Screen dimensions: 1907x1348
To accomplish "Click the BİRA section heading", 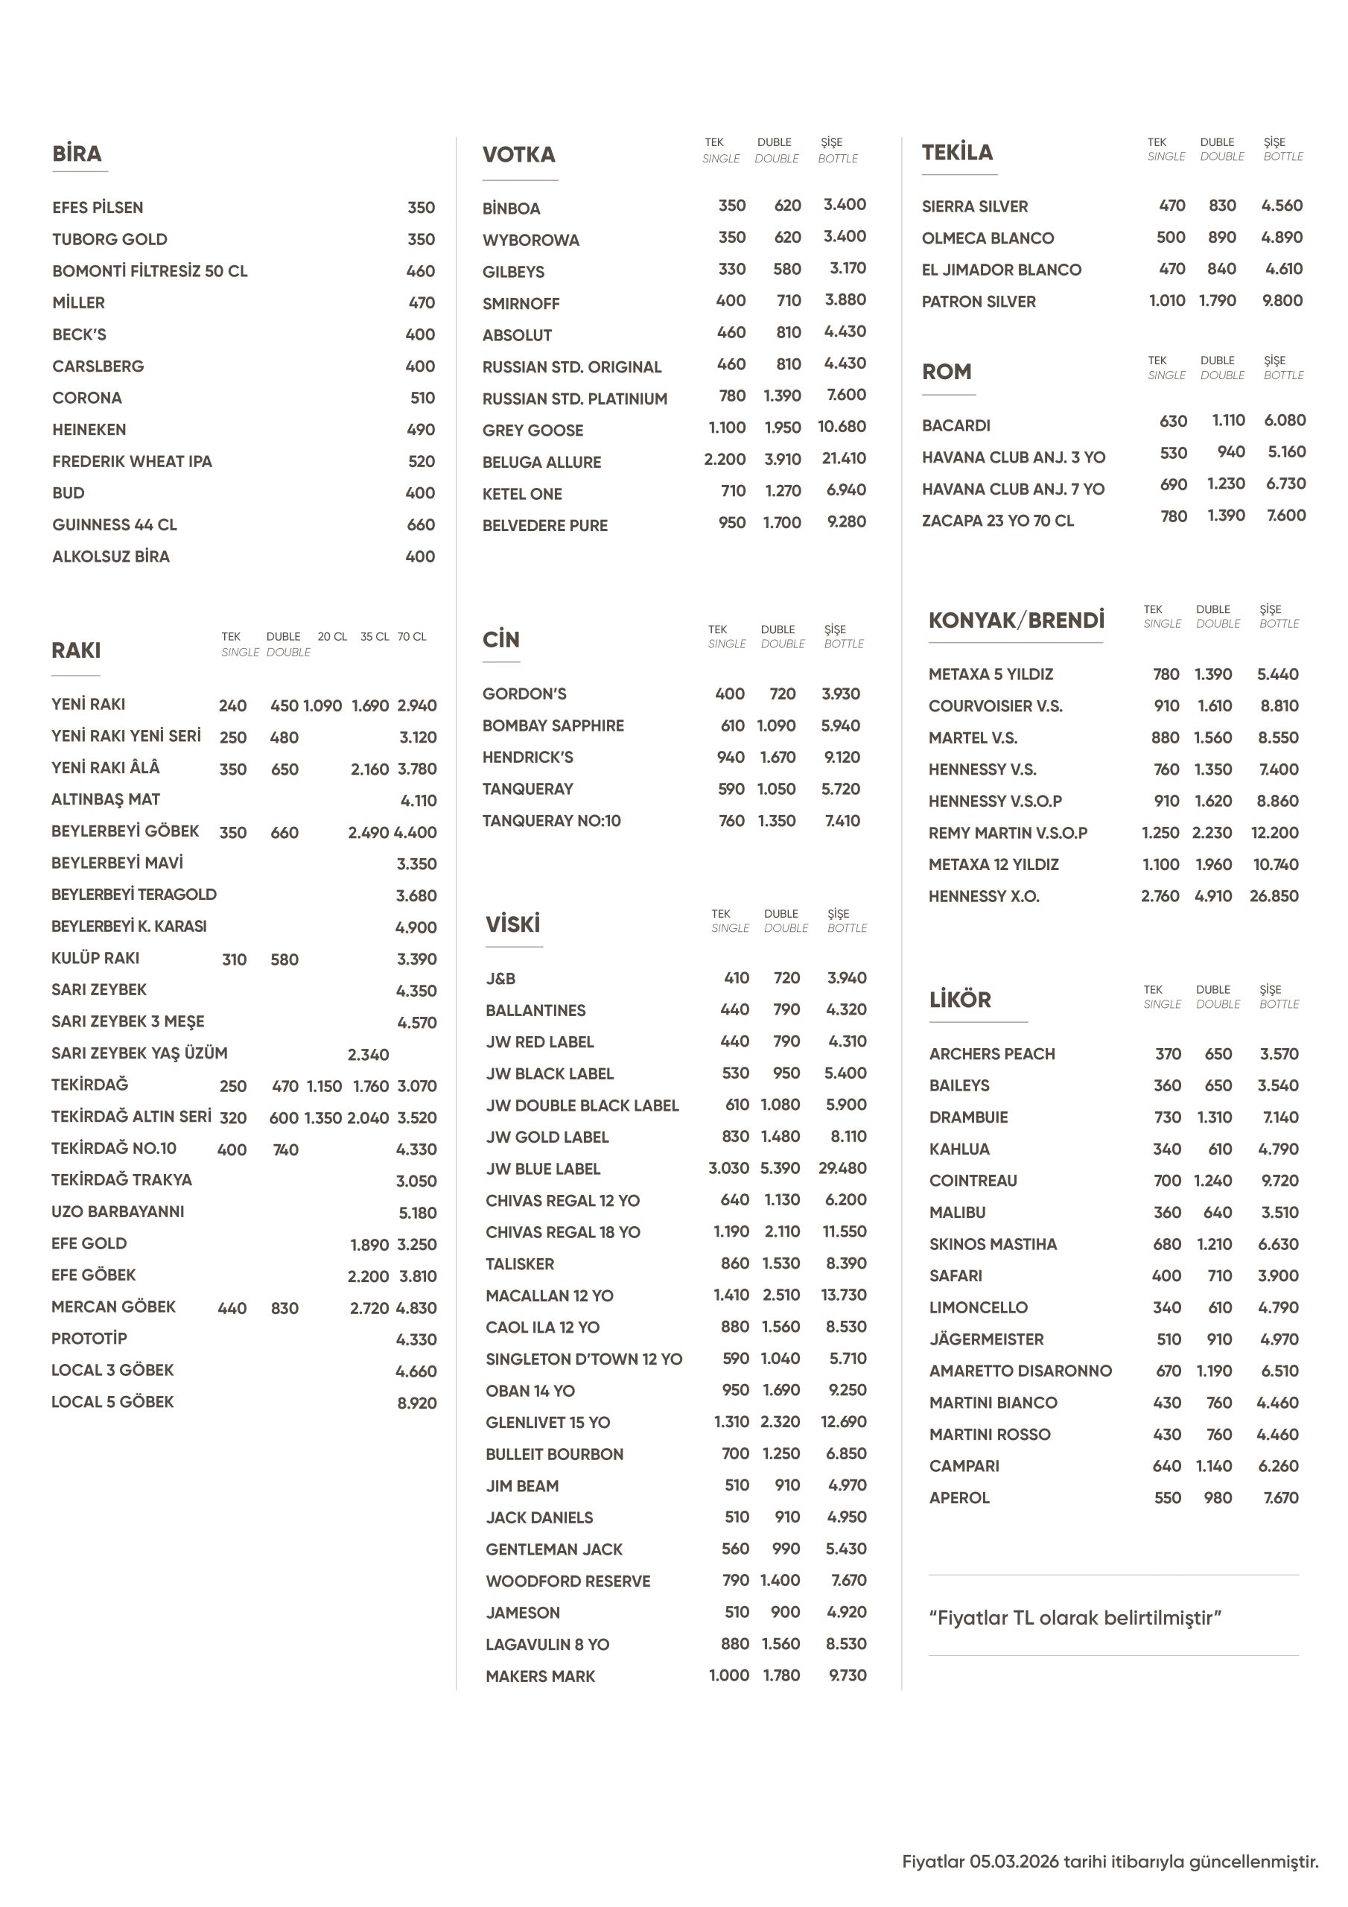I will (77, 153).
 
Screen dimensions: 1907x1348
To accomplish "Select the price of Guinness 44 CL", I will (420, 525).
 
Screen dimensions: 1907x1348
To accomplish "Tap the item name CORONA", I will (87, 398).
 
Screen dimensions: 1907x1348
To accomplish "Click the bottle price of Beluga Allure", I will (843, 458).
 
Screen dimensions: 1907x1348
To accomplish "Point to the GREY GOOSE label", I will (532, 431).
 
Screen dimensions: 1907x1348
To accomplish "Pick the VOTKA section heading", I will (519, 154).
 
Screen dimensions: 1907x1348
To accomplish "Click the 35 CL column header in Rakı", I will (374, 637).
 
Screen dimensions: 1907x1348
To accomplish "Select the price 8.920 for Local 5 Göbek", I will (416, 1403).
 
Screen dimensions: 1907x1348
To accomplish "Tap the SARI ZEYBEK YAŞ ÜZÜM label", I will (139, 1053).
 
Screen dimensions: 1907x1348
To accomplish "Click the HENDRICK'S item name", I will (527, 758).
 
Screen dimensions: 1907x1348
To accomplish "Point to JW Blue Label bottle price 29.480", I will (842, 1169).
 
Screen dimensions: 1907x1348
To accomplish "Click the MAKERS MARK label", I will (540, 1677).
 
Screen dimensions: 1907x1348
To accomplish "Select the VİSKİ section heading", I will (512, 924).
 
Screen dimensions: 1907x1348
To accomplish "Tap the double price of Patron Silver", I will (1217, 301).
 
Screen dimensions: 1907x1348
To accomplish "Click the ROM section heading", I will (946, 372).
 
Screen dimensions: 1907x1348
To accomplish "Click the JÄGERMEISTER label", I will (986, 1339).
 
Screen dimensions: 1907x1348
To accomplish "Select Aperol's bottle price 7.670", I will (1280, 1498).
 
